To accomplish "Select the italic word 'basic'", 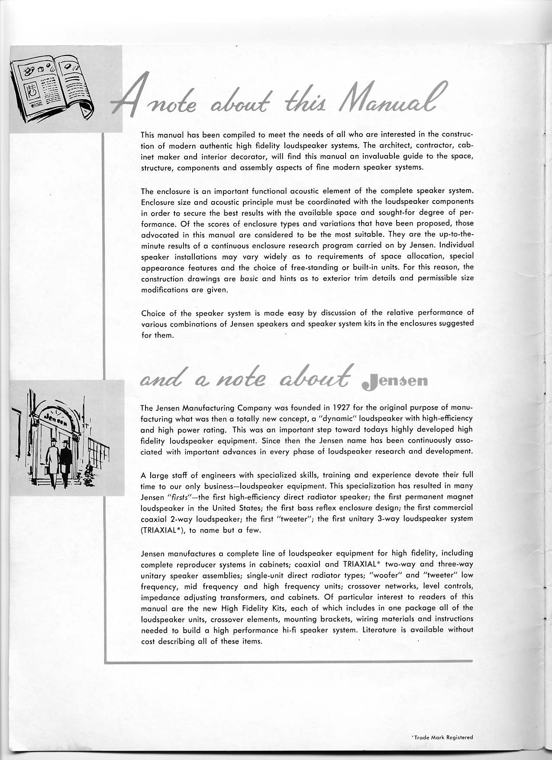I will pyautogui.click(x=249, y=278).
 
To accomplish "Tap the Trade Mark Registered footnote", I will pyautogui.click(x=443, y=737).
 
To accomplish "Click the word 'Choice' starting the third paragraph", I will pyautogui.click(x=152, y=313).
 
